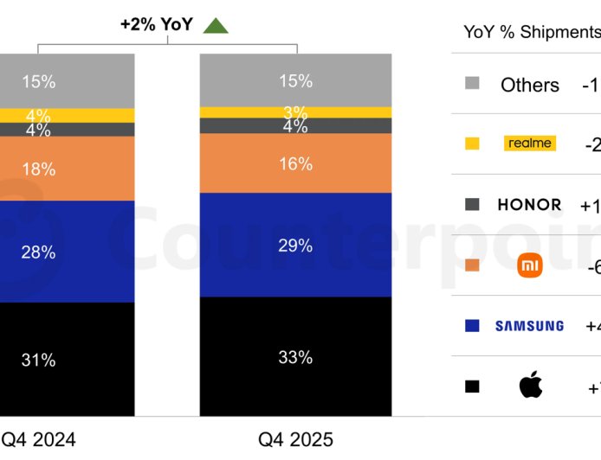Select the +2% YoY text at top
(157, 25)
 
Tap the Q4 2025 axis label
(294, 439)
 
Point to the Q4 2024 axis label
(38, 439)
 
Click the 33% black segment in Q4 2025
(295, 357)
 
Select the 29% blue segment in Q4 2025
(295, 246)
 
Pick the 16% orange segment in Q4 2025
(295, 163)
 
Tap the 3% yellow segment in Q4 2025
(295, 112)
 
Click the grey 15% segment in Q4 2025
(295, 80)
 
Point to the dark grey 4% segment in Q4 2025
(295, 126)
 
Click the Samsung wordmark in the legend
(529, 326)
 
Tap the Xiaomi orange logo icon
(529, 265)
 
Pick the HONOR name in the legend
(529, 205)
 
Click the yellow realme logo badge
(529, 144)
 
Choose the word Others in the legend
(530, 85)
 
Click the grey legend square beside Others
(472, 84)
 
